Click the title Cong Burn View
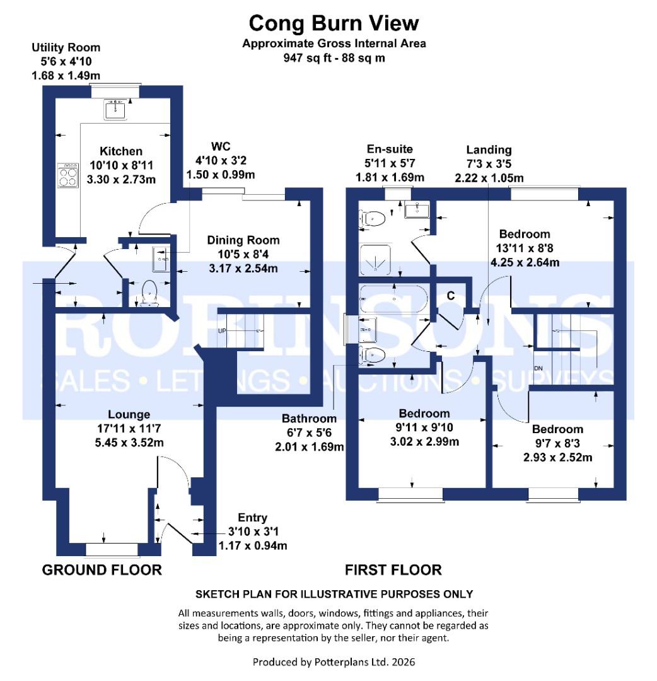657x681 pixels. pyautogui.click(x=334, y=23)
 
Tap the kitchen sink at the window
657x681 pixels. pyautogui.click(x=117, y=108)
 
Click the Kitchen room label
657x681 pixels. pyautogui.click(x=120, y=151)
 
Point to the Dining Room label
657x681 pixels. pyautogui.click(x=243, y=240)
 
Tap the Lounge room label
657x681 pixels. pyautogui.click(x=129, y=414)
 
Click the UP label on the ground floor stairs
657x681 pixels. pyautogui.click(x=223, y=330)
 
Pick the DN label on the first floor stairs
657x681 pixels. pyautogui.click(x=538, y=368)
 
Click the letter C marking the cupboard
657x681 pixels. pyautogui.click(x=451, y=294)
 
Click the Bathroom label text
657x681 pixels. pyautogui.click(x=309, y=418)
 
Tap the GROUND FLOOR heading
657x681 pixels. pyautogui.click(x=102, y=570)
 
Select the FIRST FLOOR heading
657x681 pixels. pyautogui.click(x=393, y=570)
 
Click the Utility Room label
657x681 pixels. pyautogui.click(x=66, y=47)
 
